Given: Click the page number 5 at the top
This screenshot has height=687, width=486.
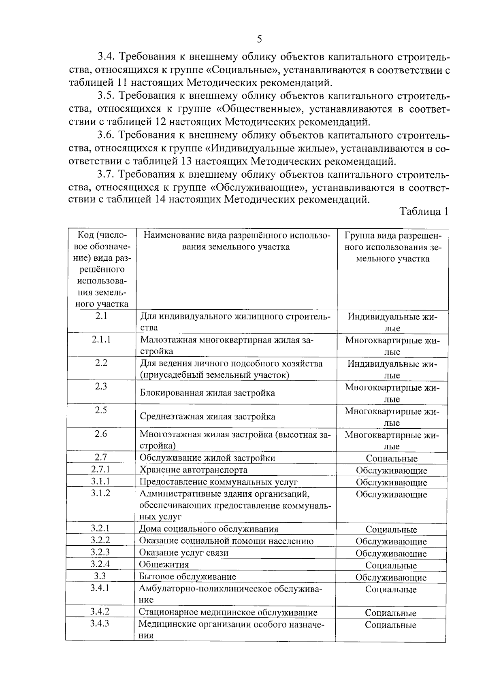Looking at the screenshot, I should pos(259,39).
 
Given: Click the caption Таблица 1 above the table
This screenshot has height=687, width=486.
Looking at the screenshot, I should pos(424,212).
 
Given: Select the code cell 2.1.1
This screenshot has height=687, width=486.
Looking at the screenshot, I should pos(101,340).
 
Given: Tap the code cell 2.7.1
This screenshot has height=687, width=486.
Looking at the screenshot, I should pos(100,470).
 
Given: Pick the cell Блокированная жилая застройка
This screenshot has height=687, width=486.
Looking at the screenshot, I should pos(207,393).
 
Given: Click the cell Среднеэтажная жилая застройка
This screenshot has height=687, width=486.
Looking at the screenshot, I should pos(207,417).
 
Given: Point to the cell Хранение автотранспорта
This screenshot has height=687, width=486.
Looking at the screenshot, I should pos(193,470).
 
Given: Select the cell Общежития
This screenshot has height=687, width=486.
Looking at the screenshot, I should pos(164,564).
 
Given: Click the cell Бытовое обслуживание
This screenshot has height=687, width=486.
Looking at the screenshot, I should pos(188,576).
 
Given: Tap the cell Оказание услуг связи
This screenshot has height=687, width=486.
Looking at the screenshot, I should pos(184,553).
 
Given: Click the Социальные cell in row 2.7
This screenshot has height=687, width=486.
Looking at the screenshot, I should pos(391,459).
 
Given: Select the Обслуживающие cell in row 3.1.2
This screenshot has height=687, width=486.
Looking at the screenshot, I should pos(391,495).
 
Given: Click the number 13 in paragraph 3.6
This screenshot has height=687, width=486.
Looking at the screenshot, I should pos(184,162).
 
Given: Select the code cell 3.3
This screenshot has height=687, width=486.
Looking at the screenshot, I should pos(100,576).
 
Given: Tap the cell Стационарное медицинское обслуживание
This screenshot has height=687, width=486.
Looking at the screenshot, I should pos(228,613).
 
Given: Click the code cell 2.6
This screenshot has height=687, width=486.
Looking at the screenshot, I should pos(101,434).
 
